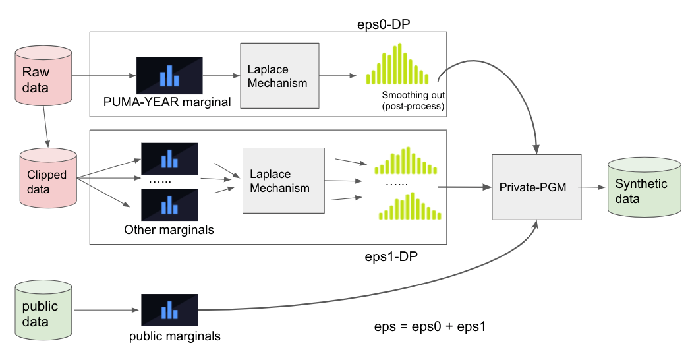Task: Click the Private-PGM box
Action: click(536, 187)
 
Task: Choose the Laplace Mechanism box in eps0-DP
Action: click(279, 76)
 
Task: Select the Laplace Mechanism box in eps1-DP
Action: click(283, 180)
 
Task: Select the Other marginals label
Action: click(169, 230)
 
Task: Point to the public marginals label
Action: click(175, 336)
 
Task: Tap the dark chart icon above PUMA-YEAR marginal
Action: click(169, 75)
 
